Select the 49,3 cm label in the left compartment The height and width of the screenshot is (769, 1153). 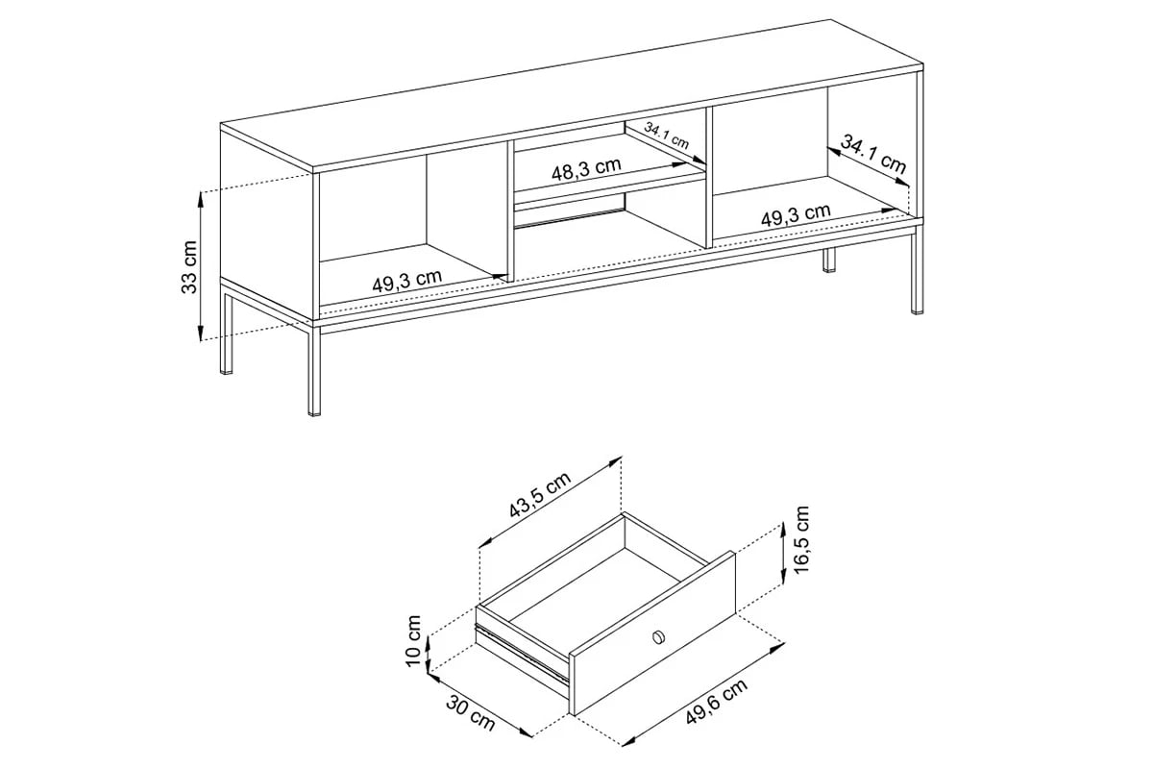[x=407, y=282]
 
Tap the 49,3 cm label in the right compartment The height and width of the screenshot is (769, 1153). [x=796, y=215]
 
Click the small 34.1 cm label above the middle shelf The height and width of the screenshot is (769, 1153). [x=667, y=136]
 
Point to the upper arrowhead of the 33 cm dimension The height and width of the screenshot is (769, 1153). [x=200, y=194]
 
